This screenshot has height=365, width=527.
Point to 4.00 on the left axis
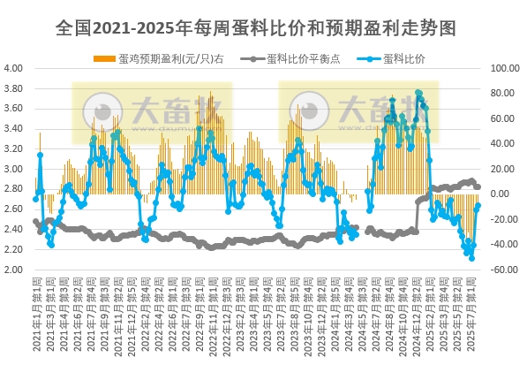(13, 68)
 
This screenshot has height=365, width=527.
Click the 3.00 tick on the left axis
(13, 170)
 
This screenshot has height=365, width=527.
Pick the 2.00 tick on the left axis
(13, 270)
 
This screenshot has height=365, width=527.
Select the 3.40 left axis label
(13, 129)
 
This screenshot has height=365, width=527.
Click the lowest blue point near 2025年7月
(471, 258)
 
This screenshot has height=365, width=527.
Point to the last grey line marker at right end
(478, 186)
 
